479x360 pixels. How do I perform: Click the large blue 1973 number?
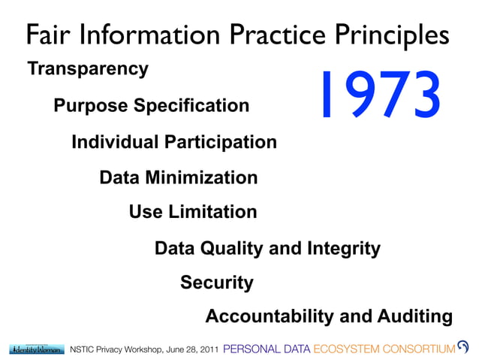tap(378, 95)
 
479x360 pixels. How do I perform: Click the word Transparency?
tap(88, 69)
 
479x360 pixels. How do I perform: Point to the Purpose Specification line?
tap(151, 106)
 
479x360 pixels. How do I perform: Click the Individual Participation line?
tap(174, 142)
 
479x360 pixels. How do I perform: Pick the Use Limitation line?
tap(193, 212)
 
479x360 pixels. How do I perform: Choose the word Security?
tap(217, 283)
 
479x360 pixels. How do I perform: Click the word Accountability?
tap(270, 317)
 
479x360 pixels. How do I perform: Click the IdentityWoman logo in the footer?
tap(36, 349)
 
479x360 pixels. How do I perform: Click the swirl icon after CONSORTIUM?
tap(463, 347)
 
